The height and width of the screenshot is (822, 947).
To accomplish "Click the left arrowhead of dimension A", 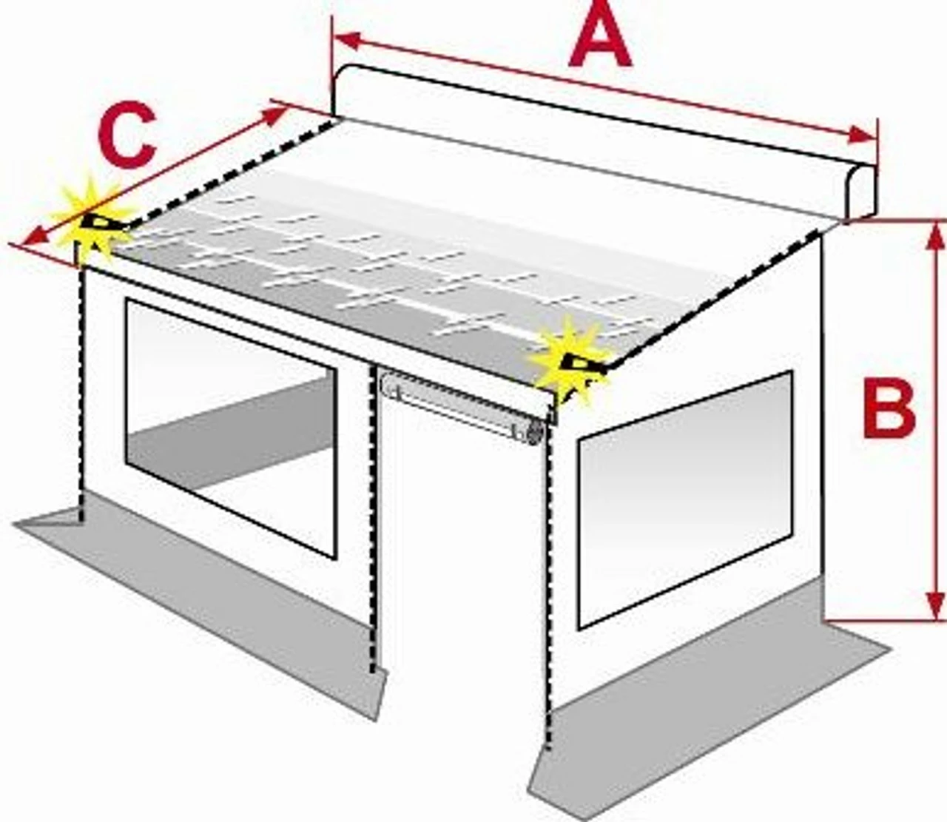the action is coord(346,41).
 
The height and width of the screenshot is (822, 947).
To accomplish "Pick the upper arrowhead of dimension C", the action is coord(274,115).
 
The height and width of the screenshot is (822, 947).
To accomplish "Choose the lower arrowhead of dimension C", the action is coord(36,237).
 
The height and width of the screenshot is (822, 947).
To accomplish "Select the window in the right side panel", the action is coord(685,500).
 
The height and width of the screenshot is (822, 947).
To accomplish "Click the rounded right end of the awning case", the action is coord(861,195).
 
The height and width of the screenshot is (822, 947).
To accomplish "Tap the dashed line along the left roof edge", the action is coord(232,171).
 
